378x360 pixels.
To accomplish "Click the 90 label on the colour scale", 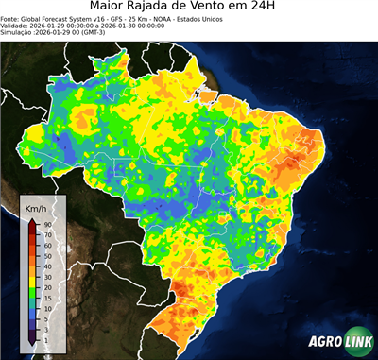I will [46, 224].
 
